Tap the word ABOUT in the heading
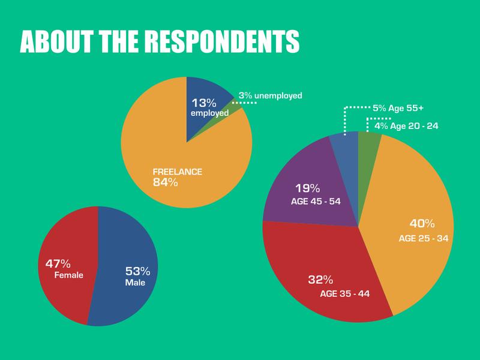pos(53,40)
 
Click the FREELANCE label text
pos(178,172)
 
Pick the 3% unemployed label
pos(270,95)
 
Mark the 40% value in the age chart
pos(422,224)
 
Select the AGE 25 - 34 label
pos(424,238)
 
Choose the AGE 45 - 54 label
pos(316,201)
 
